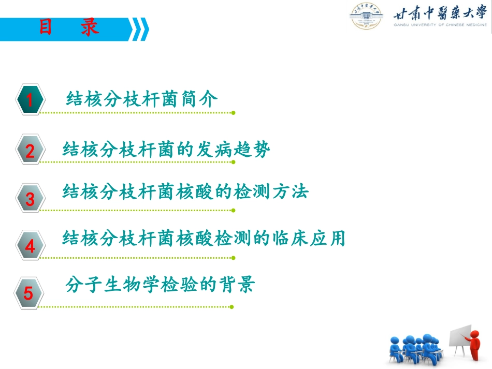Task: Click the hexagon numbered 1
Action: (29, 99)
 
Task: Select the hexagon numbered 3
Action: (29, 199)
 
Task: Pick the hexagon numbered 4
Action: (29, 245)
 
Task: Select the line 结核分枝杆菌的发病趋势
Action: (166, 150)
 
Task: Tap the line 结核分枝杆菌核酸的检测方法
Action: (185, 192)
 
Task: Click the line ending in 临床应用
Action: (204, 239)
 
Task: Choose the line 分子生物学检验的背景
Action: (160, 285)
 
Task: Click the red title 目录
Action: (68, 27)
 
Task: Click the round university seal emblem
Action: (366, 17)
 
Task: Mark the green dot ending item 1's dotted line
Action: (233, 112)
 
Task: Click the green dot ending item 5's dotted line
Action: (232, 306)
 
